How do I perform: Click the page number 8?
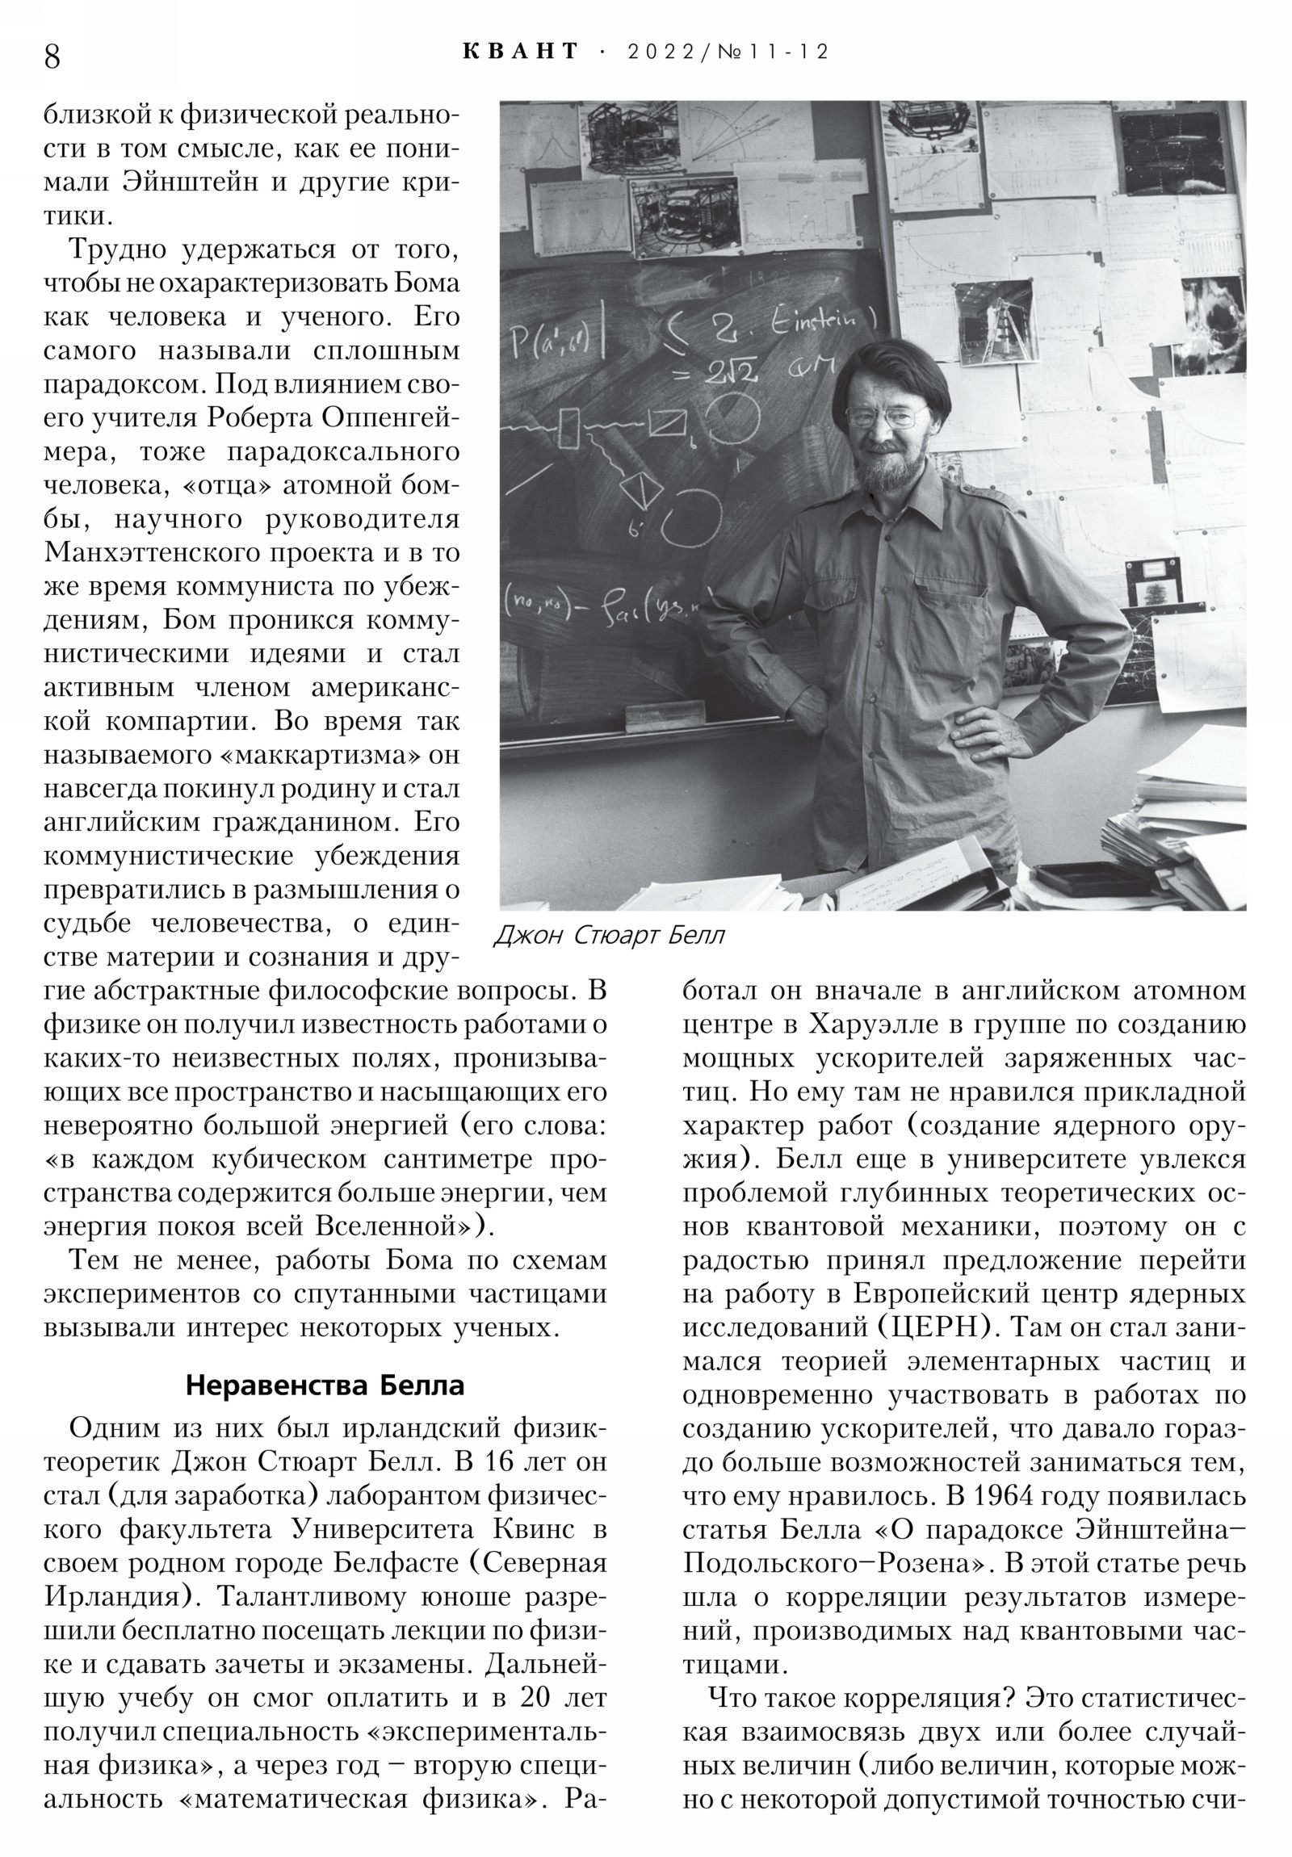point(52,56)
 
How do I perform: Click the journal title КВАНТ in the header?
point(521,52)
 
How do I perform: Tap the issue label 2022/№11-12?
point(728,52)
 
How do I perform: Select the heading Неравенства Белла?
point(325,1385)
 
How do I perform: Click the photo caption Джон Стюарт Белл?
point(609,936)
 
